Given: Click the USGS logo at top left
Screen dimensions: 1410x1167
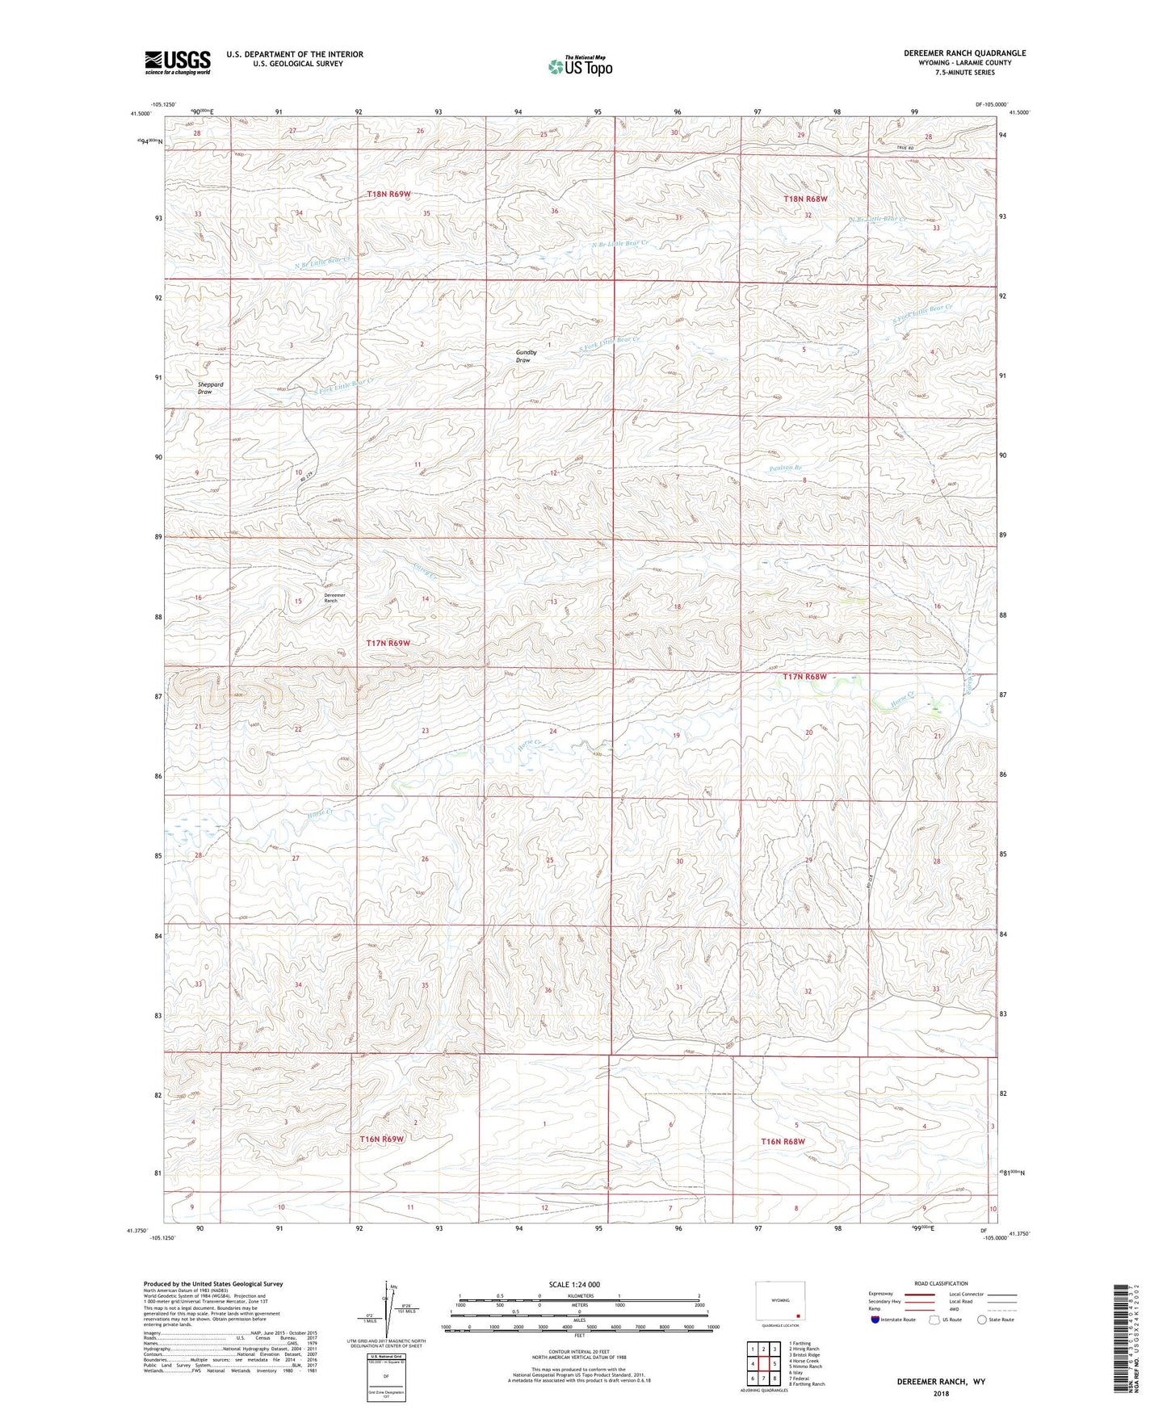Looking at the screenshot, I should click(178, 62).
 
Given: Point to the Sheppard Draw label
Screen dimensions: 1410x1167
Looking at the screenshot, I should click(210, 388).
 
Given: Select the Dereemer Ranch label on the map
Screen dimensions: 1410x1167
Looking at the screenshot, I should click(334, 598).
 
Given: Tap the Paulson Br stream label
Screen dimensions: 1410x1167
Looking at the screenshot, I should click(785, 468).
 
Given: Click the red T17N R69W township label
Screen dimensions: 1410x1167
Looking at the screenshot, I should click(388, 643).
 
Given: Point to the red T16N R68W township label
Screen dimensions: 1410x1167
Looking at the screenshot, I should click(783, 1141).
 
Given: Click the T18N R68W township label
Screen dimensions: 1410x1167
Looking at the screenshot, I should click(805, 199).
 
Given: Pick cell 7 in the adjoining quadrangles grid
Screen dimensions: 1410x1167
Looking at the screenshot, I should click(763, 1379).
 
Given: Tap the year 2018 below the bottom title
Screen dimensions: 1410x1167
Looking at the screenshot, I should click(941, 1393).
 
